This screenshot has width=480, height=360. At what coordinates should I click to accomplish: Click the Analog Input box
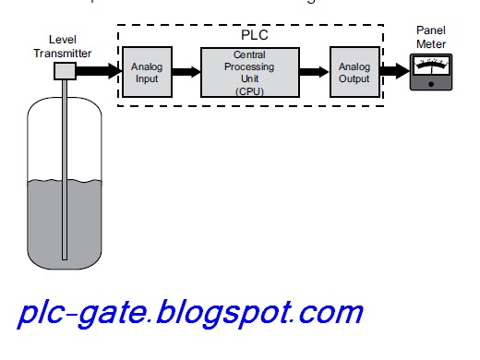[147, 72]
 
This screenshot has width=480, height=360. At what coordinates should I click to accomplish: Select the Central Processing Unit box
[245, 72]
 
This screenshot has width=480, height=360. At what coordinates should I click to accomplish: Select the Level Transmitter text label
[70, 47]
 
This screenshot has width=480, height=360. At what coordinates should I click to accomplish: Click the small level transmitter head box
[66, 71]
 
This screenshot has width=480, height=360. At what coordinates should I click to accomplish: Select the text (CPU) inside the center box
[245, 92]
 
